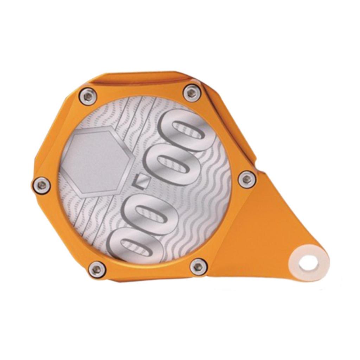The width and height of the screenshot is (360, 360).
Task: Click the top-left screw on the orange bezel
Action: (87, 96)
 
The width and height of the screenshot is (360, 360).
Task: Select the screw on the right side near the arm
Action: (247, 180)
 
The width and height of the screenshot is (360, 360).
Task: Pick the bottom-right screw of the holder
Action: (198, 266)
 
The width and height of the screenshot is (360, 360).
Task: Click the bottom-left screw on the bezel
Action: (97, 270)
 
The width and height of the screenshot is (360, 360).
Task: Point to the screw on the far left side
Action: (41, 185)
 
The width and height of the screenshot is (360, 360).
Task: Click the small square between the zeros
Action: (142, 182)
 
